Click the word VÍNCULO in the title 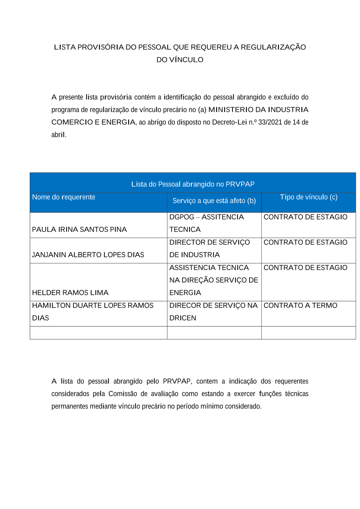[186, 60]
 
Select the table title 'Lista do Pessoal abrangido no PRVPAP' [193, 184]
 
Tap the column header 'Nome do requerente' [64, 197]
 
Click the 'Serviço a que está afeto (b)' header [214, 201]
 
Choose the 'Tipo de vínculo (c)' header [309, 197]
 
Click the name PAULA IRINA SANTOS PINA [79, 230]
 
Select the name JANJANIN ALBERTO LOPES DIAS [88, 255]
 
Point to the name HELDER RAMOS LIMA [70, 293]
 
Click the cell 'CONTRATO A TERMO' [300, 306]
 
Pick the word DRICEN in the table [183, 318]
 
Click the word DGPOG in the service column [182, 217]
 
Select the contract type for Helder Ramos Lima [305, 268]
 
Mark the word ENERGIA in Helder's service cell [185, 293]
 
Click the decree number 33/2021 [270, 122]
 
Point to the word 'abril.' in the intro [59, 135]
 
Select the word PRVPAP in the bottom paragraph [177, 381]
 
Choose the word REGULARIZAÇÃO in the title [273, 47]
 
